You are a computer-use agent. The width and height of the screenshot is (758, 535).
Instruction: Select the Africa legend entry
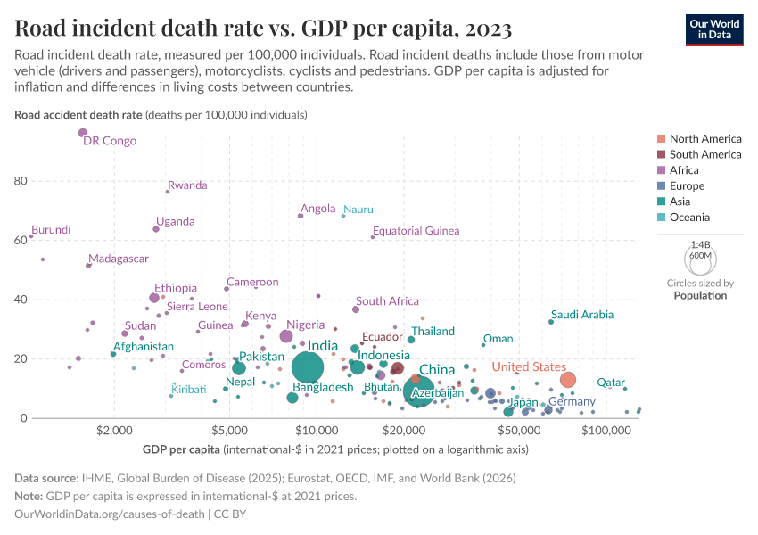(684, 170)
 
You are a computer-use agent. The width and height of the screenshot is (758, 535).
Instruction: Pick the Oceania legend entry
(689, 218)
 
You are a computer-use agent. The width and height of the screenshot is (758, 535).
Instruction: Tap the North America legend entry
(704, 139)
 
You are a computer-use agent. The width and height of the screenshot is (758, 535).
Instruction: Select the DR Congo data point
(83, 133)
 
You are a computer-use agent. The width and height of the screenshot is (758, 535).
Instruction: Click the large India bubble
(308, 366)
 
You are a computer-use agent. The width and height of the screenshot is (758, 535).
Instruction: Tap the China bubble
(419, 390)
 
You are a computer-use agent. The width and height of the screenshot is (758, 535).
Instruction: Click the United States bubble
(568, 380)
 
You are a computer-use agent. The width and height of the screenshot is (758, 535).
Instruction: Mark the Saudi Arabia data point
(551, 322)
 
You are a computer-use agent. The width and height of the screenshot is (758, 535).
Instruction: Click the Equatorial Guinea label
(416, 231)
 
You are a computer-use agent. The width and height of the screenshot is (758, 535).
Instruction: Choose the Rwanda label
(187, 185)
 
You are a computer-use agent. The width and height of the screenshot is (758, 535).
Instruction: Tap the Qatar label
(610, 383)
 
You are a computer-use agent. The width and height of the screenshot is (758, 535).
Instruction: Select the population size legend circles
(701, 260)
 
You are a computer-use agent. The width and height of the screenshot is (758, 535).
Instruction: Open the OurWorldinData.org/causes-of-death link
(109, 514)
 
